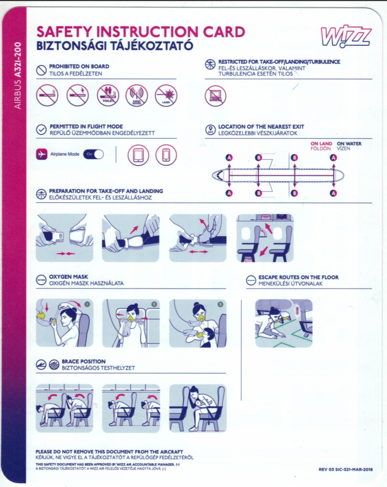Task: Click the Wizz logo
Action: pyautogui.click(x=345, y=36)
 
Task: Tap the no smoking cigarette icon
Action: pyautogui.click(x=47, y=96)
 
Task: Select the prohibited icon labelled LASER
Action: pyautogui.click(x=166, y=96)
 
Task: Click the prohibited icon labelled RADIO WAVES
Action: pyautogui.click(x=137, y=96)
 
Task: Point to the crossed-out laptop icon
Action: pyautogui.click(x=215, y=96)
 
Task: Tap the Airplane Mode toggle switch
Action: pyautogui.click(x=94, y=154)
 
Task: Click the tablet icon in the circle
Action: pyautogui.click(x=138, y=155)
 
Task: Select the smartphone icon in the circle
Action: pyautogui.click(x=166, y=155)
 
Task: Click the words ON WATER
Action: pyautogui.click(x=349, y=143)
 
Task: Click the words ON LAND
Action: pyautogui.click(x=321, y=143)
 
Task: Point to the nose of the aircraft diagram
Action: pyautogui.click(x=216, y=175)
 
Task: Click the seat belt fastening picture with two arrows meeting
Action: pyautogui.click(x=65, y=238)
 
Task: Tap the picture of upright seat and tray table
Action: pyautogui.click(x=265, y=238)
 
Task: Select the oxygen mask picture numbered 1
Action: pyautogui.click(x=65, y=323)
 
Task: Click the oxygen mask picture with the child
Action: pyautogui.click(x=198, y=323)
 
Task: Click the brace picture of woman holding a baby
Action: pyautogui.click(x=198, y=408)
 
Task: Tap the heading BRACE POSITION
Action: pyautogui.click(x=83, y=361)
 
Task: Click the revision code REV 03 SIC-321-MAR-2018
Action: pyautogui.click(x=345, y=469)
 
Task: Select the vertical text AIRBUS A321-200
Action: pyautogui.click(x=18, y=76)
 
